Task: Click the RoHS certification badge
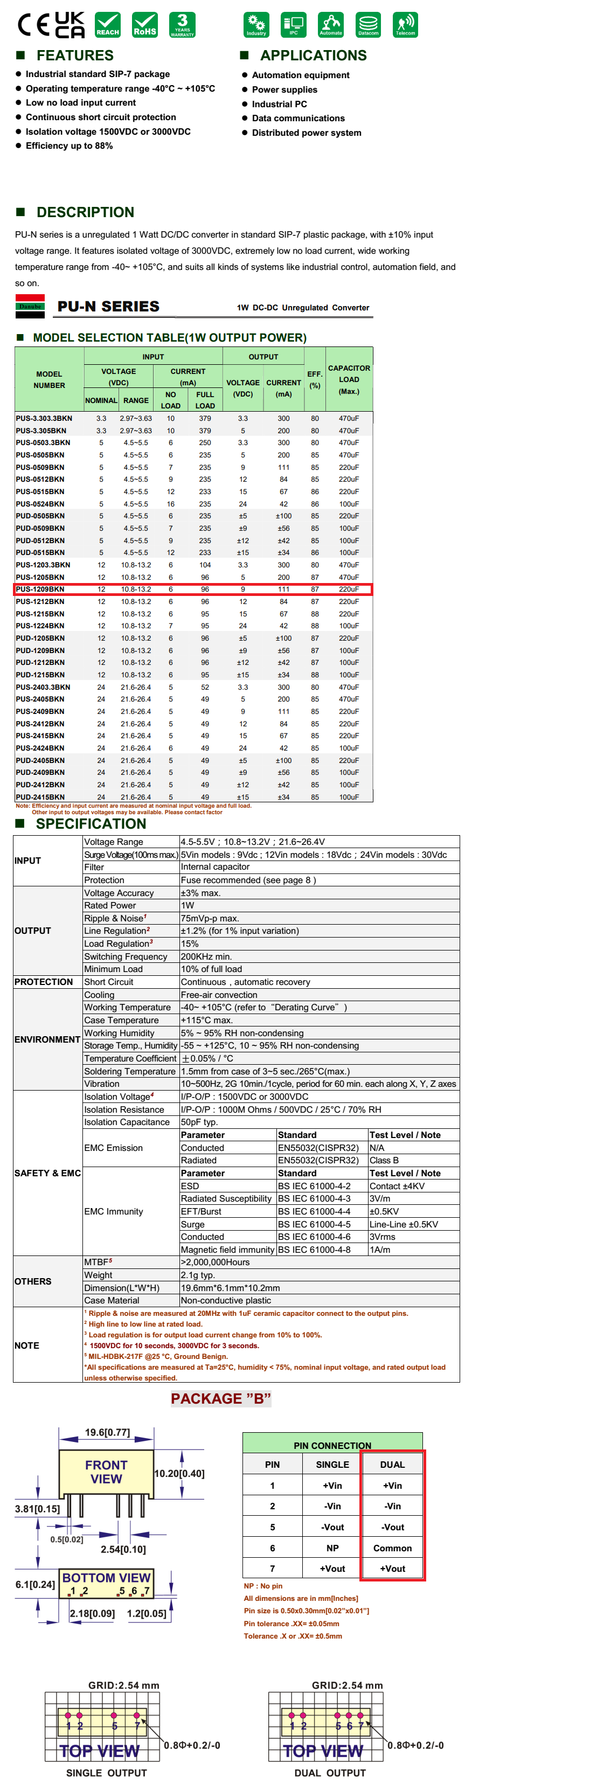pos(144,24)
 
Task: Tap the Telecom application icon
pos(405,24)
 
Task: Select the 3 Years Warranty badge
pos(182,24)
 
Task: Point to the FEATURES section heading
pos(74,55)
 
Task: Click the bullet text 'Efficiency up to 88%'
pos(69,146)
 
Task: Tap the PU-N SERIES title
pos(108,307)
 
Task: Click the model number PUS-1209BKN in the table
pos(40,589)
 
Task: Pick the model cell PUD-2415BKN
pos(40,797)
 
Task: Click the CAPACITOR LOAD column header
pos(349,379)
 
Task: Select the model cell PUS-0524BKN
pos(40,504)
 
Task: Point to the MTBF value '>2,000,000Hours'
pos(215,1262)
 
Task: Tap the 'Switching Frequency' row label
pos(125,956)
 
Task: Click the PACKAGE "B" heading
pos(220,1399)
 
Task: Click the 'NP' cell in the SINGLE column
pos(332,1548)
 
